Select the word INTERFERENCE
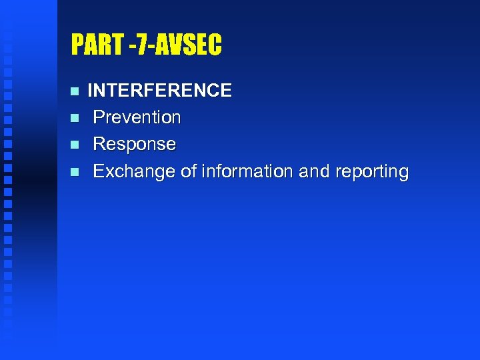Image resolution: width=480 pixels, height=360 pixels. pos(160,90)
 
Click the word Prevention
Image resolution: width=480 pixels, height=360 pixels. pos(137,117)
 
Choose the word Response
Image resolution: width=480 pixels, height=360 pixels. pos(134,144)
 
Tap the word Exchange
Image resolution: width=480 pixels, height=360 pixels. pos(134,171)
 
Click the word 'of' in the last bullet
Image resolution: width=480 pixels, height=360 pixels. pos(189,171)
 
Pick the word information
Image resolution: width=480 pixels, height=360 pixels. pos(247,171)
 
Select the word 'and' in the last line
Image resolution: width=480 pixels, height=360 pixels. pos(313,171)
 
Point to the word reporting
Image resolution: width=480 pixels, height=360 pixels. pos(371,172)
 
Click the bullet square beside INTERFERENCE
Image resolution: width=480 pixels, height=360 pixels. pos(75,91)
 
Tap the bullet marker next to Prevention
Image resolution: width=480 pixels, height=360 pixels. pos(75,118)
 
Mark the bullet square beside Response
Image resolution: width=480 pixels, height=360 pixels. pos(75,145)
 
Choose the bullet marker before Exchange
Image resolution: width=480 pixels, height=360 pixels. pos(75,172)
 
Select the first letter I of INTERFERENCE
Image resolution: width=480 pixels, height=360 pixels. pos(90,90)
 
